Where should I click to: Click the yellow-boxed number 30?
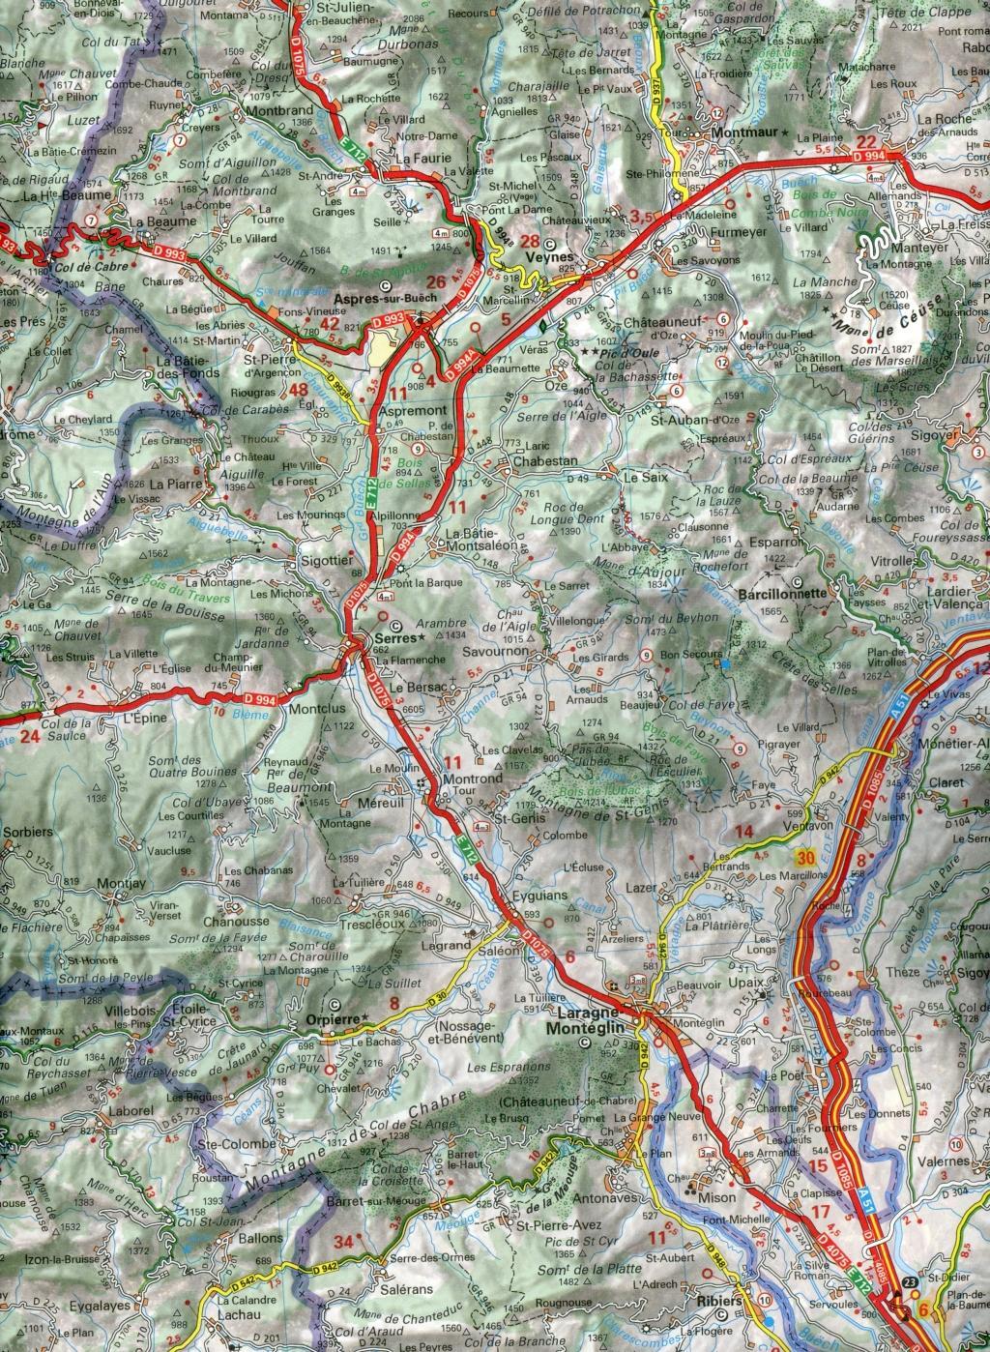(x=805, y=856)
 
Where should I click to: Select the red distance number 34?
(x=342, y=1242)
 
